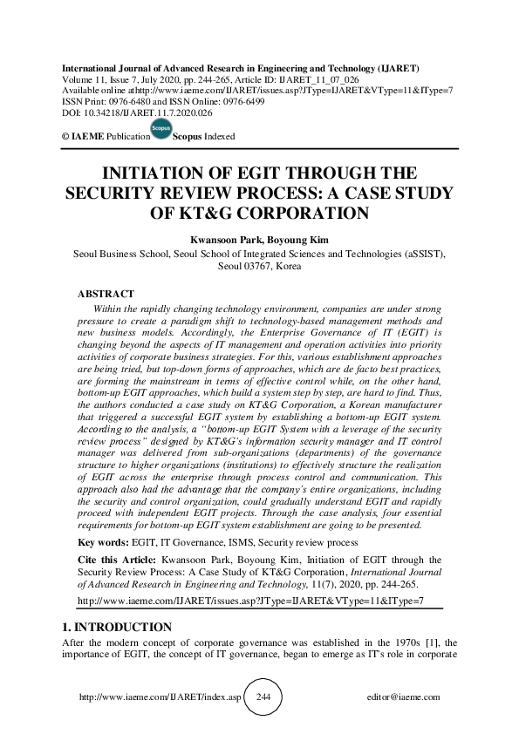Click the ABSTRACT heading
(106, 295)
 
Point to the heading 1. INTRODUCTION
(119, 626)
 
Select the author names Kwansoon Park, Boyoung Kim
(259, 238)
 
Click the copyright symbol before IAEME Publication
(65, 138)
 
